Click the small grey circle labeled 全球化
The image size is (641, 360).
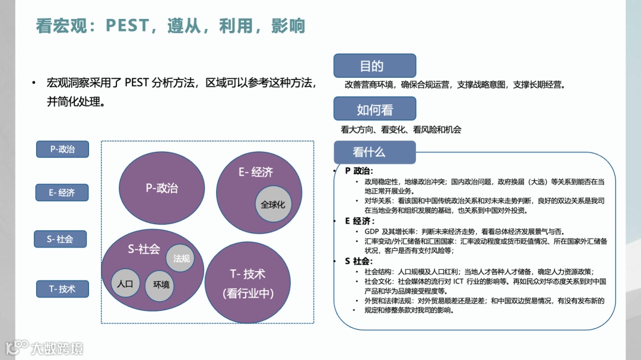[x=273, y=205]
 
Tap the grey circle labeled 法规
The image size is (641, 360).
[x=181, y=259]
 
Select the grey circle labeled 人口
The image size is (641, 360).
[x=125, y=283]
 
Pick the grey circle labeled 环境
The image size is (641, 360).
[x=161, y=284]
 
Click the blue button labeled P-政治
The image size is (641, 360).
[x=62, y=149]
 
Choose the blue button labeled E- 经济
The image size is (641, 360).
[x=62, y=193]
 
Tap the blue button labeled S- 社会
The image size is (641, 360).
[x=60, y=240]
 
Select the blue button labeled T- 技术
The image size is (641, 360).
[x=62, y=289]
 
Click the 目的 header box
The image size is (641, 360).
[x=375, y=66]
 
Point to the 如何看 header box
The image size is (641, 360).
[x=375, y=109]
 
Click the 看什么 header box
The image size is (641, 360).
[x=375, y=152]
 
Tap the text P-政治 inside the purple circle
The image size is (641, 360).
[x=161, y=188]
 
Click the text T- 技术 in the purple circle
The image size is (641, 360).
[x=247, y=274]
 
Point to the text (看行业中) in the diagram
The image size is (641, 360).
[x=247, y=293]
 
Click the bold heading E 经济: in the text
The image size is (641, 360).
[x=359, y=221]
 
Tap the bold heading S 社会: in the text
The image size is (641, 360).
[x=358, y=261]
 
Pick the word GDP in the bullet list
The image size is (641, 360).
[x=372, y=231]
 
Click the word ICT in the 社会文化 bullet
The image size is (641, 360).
[x=458, y=281]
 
